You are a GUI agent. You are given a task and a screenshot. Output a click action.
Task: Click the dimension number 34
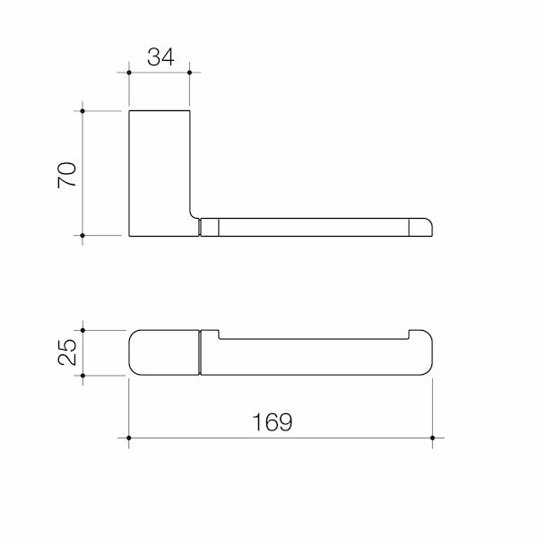click(x=161, y=57)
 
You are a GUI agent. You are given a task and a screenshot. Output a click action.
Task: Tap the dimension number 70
click(x=67, y=175)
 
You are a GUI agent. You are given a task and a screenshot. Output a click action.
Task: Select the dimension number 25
click(x=67, y=351)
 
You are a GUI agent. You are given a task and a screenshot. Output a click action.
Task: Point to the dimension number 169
click(x=273, y=421)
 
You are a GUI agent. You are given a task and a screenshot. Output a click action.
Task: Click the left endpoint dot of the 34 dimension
click(x=129, y=73)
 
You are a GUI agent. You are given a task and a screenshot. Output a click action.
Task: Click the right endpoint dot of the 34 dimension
click(x=189, y=73)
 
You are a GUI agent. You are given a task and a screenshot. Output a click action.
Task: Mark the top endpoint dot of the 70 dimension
click(x=82, y=111)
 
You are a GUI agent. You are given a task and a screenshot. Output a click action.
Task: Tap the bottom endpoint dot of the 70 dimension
click(x=82, y=235)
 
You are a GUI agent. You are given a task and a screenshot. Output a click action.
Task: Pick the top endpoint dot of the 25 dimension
click(x=82, y=330)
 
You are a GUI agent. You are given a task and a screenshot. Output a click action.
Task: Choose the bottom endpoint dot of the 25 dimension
click(x=82, y=376)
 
